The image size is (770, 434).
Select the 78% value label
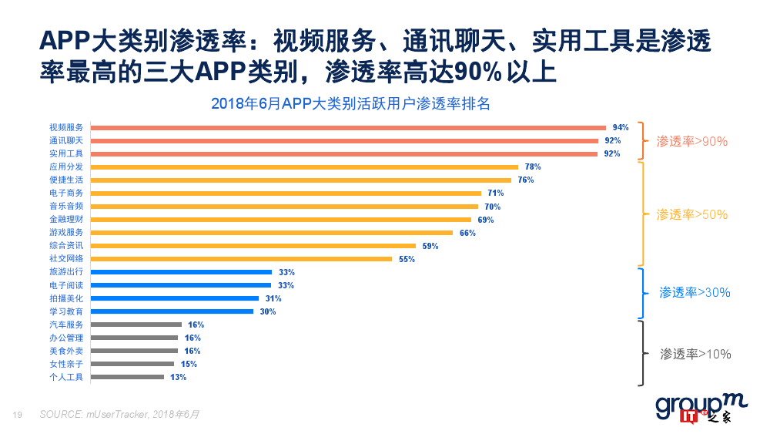pyautogui.click(x=532, y=167)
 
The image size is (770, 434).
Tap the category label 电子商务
pyautogui.click(x=66, y=193)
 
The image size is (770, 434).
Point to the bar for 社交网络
pyautogui.click(x=242, y=259)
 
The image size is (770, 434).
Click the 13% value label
pyautogui.click(x=178, y=377)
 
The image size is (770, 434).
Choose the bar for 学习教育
pyautogui.click(x=172, y=311)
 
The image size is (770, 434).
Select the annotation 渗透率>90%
pyautogui.click(x=691, y=141)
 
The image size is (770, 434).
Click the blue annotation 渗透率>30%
pyautogui.click(x=695, y=292)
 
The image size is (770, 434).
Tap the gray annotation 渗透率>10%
pyautogui.click(x=695, y=354)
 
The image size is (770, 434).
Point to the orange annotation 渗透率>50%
pyautogui.click(x=691, y=214)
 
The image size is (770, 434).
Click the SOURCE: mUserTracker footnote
pyautogui.click(x=119, y=415)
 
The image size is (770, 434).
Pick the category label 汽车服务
pyautogui.click(x=66, y=325)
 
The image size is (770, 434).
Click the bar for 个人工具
pyautogui.click(x=128, y=377)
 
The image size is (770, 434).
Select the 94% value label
pyautogui.click(x=621, y=127)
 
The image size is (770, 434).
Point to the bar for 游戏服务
pyautogui.click(x=272, y=232)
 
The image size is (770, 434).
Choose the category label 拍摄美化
pyautogui.click(x=66, y=298)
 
